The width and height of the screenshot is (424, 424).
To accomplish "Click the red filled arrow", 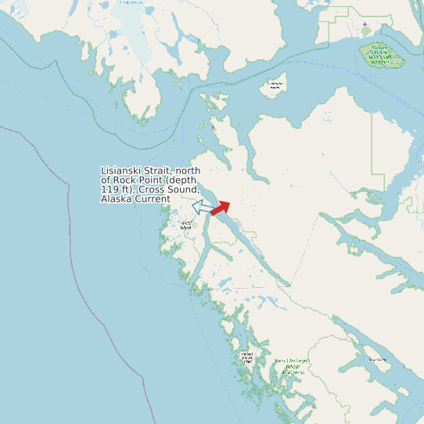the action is (221, 207).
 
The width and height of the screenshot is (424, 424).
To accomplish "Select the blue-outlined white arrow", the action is (202, 207).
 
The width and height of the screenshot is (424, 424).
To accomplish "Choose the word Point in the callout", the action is (152, 181).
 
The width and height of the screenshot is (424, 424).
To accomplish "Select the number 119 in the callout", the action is (110, 190).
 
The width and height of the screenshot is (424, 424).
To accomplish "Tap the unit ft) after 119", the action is (129, 190).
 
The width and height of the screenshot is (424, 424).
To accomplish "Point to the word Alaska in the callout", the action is (117, 199).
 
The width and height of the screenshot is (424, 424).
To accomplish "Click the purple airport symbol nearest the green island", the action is (365, 24).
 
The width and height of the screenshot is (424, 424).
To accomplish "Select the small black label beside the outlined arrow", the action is (186, 225).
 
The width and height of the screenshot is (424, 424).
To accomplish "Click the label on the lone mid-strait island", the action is (274, 85).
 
